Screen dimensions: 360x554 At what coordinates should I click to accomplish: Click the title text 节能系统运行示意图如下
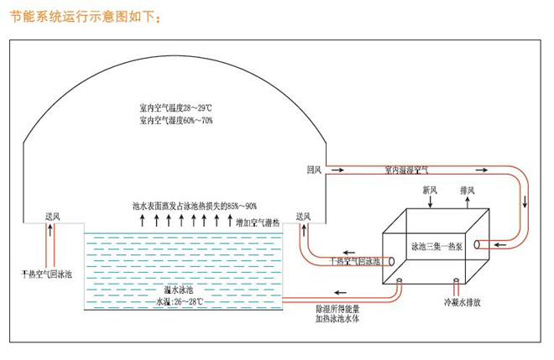(80, 16)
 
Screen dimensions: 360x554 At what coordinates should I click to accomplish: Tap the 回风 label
(315, 170)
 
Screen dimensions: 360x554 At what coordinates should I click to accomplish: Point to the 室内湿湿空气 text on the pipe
(406, 170)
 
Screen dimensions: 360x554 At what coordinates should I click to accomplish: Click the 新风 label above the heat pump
(430, 190)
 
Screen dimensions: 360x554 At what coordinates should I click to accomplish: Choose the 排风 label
(468, 190)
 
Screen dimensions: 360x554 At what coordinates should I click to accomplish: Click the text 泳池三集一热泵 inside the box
(436, 248)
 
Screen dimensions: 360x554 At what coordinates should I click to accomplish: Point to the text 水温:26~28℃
(180, 300)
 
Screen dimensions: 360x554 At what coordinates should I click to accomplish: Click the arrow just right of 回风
(335, 170)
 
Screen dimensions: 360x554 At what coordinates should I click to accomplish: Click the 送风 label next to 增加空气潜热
(303, 217)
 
